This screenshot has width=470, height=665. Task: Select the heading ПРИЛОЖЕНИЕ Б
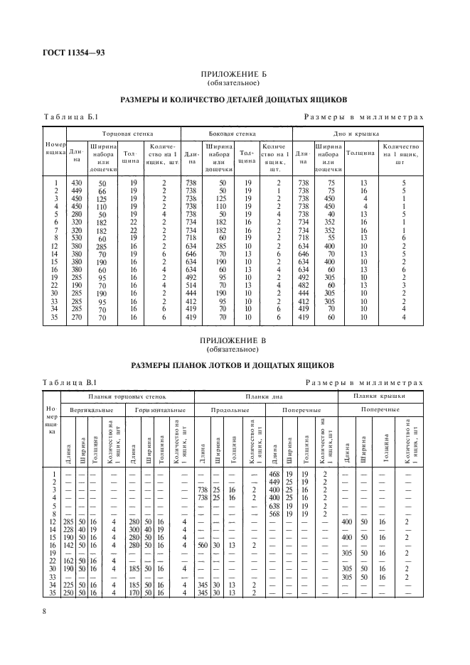235,75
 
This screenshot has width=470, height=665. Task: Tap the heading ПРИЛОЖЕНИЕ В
235,340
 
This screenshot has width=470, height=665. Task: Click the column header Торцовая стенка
122,133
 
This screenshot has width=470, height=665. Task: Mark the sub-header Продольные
228,411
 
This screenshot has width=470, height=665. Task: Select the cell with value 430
78,183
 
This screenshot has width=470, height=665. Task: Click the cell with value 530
78,238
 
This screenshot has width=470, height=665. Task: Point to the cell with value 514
191,285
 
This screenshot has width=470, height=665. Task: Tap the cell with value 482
302,285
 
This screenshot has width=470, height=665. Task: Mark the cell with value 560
202,544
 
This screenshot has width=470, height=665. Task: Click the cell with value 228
68,528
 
